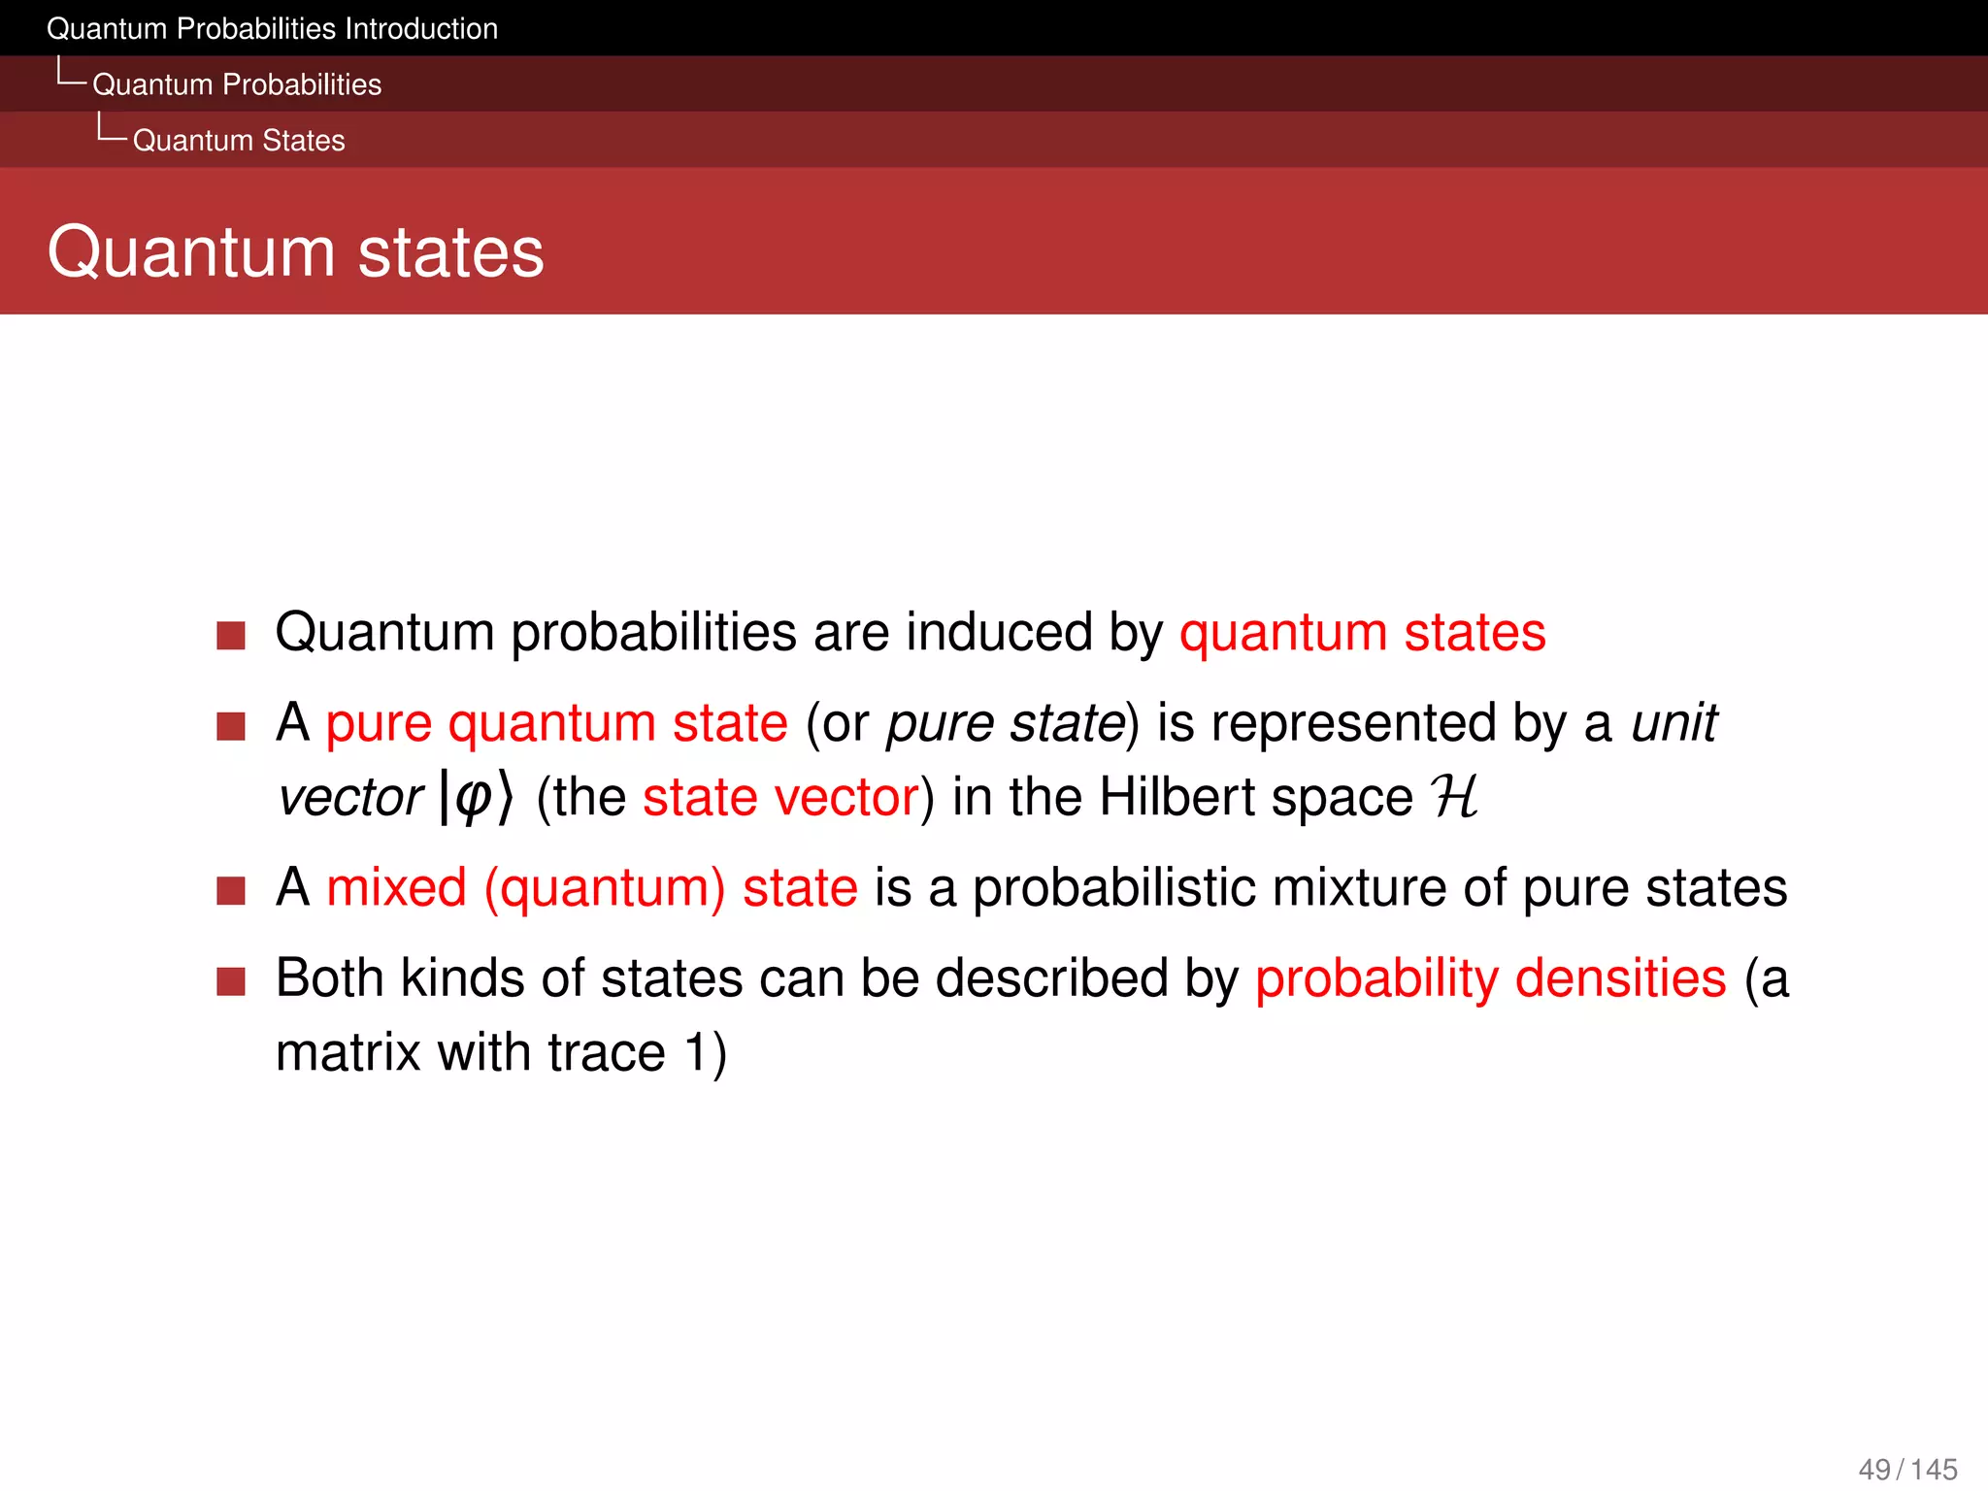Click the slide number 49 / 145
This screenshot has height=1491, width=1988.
1906,1469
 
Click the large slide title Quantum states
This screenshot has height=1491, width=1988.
295,252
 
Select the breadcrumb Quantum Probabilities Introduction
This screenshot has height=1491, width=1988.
272,29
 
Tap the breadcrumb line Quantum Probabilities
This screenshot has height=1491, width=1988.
237,84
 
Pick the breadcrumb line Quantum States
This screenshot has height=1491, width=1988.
239,141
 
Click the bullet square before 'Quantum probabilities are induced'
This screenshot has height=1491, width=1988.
231,636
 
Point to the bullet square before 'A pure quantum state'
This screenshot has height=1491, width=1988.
231,726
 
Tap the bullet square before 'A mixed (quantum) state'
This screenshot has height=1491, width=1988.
231,890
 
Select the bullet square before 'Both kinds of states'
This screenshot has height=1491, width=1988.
231,981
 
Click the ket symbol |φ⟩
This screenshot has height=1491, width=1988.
476,798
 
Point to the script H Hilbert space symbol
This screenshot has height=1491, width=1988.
1454,798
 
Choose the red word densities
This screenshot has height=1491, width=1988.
1620,978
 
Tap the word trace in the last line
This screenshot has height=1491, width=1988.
606,1053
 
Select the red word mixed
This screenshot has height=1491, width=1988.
396,888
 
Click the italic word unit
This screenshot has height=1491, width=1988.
1673,723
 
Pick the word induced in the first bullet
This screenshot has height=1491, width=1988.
1000,633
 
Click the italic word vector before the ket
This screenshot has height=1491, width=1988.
350,798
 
